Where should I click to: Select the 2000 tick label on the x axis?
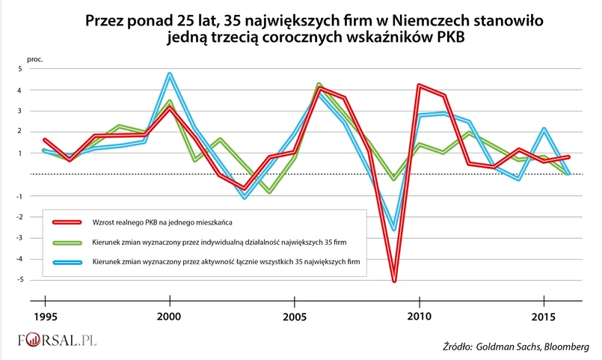[x=170, y=317]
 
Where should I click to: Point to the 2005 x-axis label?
[x=295, y=317]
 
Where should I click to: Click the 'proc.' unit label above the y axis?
[x=34, y=58]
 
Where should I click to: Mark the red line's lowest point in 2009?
[x=394, y=281]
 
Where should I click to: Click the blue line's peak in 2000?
[x=170, y=73]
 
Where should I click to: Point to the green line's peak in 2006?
[x=319, y=84]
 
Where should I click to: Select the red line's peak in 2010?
[x=419, y=85]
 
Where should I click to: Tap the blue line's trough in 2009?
[x=394, y=229]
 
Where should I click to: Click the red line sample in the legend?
[x=71, y=222]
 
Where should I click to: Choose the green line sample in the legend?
[x=71, y=242]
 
